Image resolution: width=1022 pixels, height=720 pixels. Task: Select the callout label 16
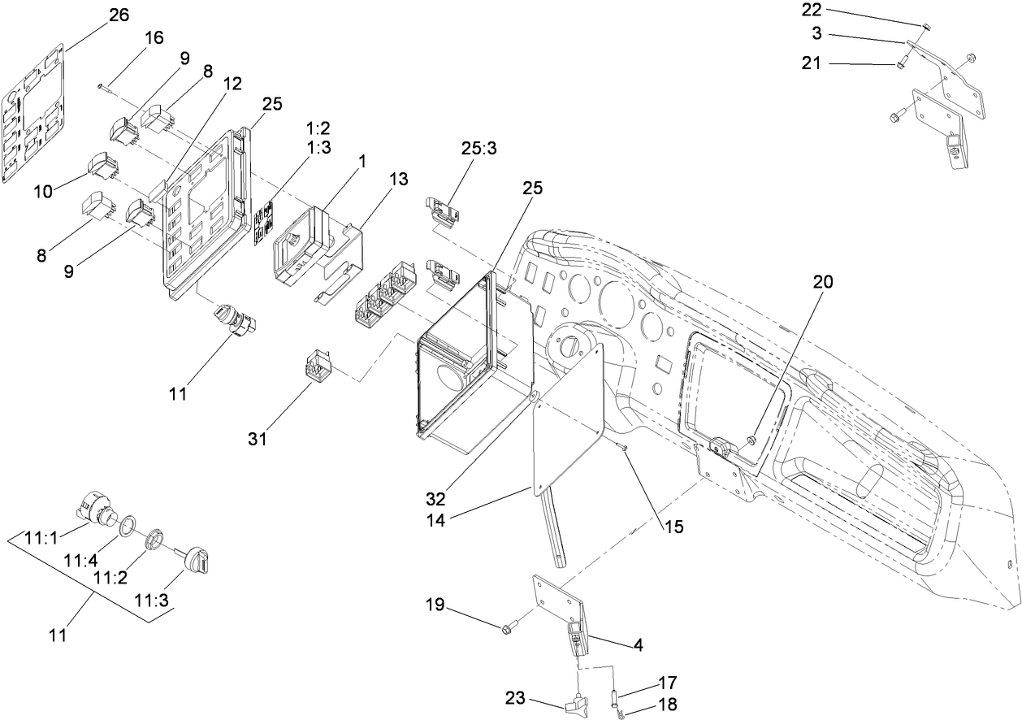coord(154,37)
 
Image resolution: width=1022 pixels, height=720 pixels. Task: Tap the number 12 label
coord(233,83)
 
